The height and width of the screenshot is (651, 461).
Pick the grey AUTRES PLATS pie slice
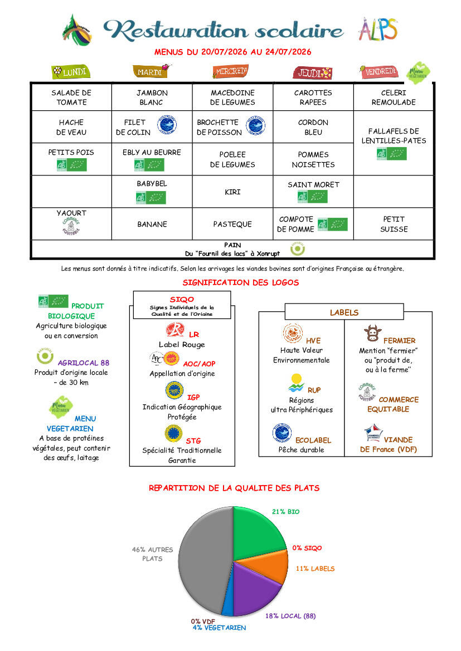[203, 560]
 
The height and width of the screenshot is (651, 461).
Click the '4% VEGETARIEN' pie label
[219, 628]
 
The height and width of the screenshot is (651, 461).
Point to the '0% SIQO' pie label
[307, 548]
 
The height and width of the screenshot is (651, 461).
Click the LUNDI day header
[71, 72]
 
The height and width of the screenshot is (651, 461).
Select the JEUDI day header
[313, 73]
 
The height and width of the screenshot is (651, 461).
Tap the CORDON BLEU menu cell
[313, 127]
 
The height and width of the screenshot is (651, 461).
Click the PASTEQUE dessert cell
[232, 224]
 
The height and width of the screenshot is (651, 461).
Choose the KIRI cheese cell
[232, 192]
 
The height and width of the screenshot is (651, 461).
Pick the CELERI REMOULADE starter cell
[394, 97]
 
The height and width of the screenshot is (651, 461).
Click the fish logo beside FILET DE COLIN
[167, 125]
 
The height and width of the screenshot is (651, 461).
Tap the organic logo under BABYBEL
[151, 198]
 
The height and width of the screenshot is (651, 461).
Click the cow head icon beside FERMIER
[372, 333]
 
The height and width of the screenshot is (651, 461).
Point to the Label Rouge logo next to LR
[175, 330]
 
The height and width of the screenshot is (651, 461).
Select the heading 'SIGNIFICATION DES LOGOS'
[241, 283]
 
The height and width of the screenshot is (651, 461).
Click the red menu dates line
[233, 52]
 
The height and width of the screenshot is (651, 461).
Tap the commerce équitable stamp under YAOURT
[71, 226]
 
